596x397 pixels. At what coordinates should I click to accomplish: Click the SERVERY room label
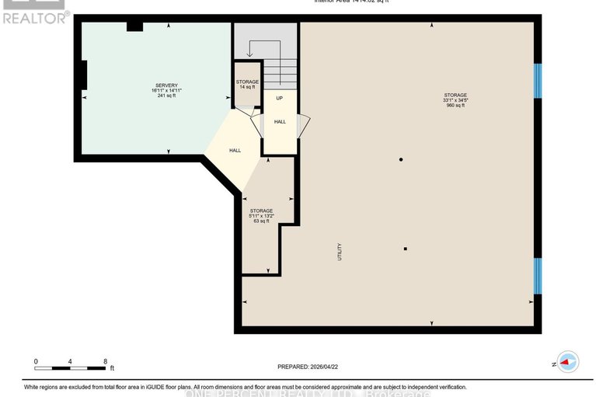click(x=166, y=85)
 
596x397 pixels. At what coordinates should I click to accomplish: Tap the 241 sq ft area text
click(x=166, y=96)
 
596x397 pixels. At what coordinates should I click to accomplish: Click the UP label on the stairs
click(x=279, y=98)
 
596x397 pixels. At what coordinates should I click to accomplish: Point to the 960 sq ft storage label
click(x=455, y=106)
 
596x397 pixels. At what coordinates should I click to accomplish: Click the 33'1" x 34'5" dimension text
click(x=455, y=100)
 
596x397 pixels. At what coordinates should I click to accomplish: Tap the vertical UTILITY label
click(x=340, y=252)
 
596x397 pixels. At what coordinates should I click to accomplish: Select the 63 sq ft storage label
click(x=261, y=221)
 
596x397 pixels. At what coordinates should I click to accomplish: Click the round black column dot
click(x=401, y=159)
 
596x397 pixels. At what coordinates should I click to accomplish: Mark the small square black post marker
click(x=406, y=249)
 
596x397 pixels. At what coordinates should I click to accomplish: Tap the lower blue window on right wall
click(x=537, y=277)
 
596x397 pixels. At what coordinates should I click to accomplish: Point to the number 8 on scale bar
click(x=105, y=361)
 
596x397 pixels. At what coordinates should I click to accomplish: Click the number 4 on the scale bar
click(x=70, y=361)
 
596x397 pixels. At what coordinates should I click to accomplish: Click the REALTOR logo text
click(x=35, y=16)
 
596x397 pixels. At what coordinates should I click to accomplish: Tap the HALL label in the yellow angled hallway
click(x=235, y=150)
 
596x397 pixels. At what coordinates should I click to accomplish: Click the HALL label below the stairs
click(x=280, y=121)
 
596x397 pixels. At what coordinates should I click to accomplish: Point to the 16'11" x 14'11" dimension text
click(x=166, y=91)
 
